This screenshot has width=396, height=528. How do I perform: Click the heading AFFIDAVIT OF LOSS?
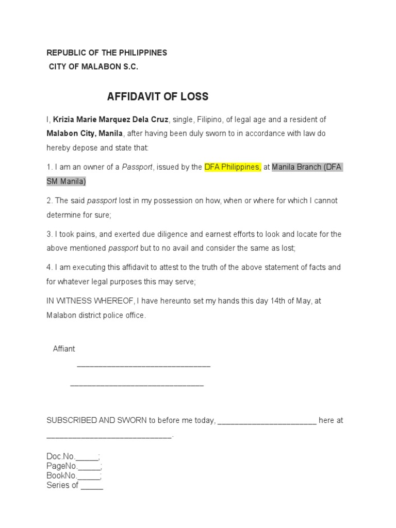pos(157,97)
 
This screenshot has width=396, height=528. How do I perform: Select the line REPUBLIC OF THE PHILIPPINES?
pos(107,53)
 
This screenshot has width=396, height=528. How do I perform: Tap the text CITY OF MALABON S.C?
pos(93,67)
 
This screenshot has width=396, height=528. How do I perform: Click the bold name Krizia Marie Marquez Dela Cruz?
pos(111,120)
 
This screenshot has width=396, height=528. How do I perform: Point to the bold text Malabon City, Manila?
pos(85,134)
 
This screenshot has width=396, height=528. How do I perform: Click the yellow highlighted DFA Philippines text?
pos(233,167)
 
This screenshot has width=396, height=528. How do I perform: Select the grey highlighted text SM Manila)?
pos(67,181)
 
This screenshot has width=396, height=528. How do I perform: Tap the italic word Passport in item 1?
pos(137,167)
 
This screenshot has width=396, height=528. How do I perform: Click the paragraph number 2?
pos(49,201)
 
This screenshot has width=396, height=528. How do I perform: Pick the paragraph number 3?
pos(49,234)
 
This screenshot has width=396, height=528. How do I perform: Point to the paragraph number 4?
pos(49,268)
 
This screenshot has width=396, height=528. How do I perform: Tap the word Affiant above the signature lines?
pos(64,349)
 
